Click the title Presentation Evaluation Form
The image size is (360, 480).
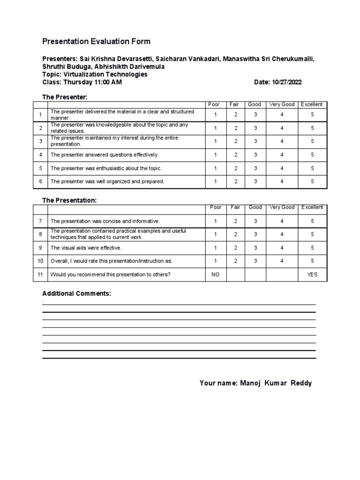97,41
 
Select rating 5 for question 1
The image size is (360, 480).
312,115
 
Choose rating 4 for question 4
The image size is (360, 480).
282,155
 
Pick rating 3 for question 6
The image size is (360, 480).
255,181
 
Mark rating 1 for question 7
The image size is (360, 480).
216,221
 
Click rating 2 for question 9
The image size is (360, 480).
236,248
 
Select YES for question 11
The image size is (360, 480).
312,275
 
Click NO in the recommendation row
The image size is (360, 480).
216,275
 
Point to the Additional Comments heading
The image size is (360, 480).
77,293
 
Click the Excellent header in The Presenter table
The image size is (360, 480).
312,105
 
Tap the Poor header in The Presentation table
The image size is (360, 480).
216,207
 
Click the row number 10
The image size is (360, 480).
40,261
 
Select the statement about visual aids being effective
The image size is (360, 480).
86,248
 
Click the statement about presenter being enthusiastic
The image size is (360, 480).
106,168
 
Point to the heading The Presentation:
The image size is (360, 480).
69,200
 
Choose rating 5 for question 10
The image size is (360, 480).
312,261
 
